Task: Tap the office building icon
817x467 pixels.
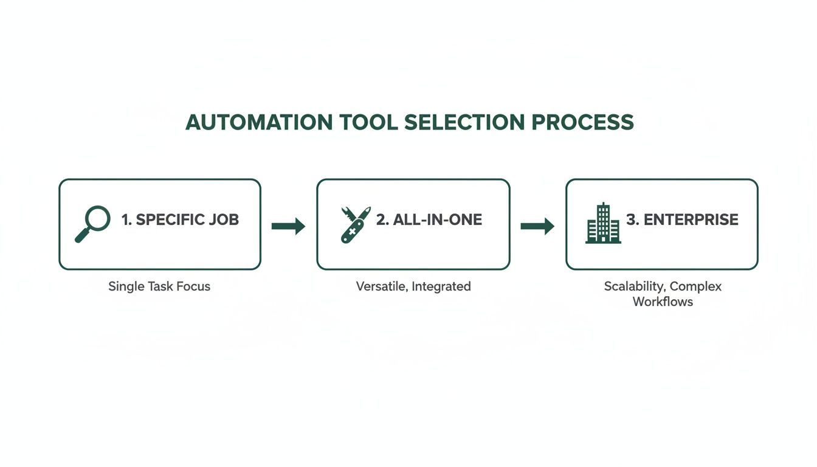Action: click(x=603, y=224)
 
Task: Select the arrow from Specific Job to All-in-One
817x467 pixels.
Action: click(x=288, y=226)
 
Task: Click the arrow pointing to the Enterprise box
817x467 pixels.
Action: click(x=537, y=226)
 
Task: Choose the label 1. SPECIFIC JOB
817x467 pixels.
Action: click(x=180, y=220)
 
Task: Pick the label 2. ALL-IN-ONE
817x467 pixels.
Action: click(x=429, y=220)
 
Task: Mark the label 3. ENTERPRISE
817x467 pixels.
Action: click(x=682, y=220)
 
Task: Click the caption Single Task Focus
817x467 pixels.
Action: click(x=159, y=286)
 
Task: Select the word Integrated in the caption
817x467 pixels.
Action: click(x=441, y=286)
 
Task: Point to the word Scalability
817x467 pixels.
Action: click(x=634, y=286)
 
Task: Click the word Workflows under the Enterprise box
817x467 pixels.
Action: click(x=663, y=302)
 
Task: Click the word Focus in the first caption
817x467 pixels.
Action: click(x=194, y=286)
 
